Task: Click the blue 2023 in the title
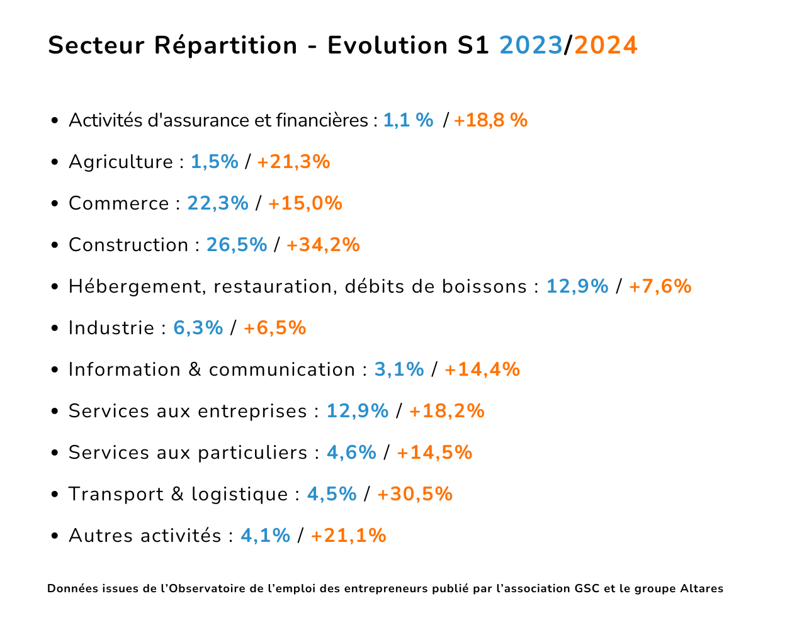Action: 531,46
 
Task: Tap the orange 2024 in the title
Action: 606,46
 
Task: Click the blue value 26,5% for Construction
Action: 237,245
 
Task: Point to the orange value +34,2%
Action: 323,245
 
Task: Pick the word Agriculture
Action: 120,162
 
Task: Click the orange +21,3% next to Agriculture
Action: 293,162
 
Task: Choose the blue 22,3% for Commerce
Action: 218,203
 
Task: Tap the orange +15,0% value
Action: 305,203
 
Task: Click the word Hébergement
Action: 135,286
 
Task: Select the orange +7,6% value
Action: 660,286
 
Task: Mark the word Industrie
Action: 111,328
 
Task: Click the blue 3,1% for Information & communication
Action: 399,369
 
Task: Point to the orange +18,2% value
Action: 446,411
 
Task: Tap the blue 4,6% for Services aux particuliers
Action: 351,453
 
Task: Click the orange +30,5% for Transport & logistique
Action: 414,494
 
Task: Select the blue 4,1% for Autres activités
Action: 265,536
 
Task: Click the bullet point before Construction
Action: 55,245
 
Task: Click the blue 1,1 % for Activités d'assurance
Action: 408,120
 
